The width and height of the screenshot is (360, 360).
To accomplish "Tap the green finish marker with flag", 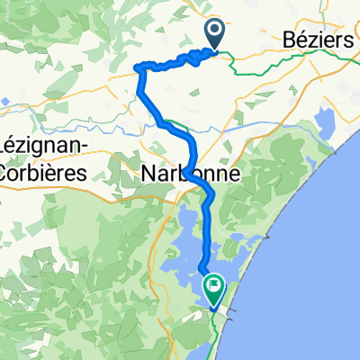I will pos(215,291).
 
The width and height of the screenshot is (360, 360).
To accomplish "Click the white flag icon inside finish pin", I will pos(215,288).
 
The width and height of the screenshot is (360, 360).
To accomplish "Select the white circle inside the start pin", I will pos(216,31).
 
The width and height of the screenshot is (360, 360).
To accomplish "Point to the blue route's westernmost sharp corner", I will pos(137,68).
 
